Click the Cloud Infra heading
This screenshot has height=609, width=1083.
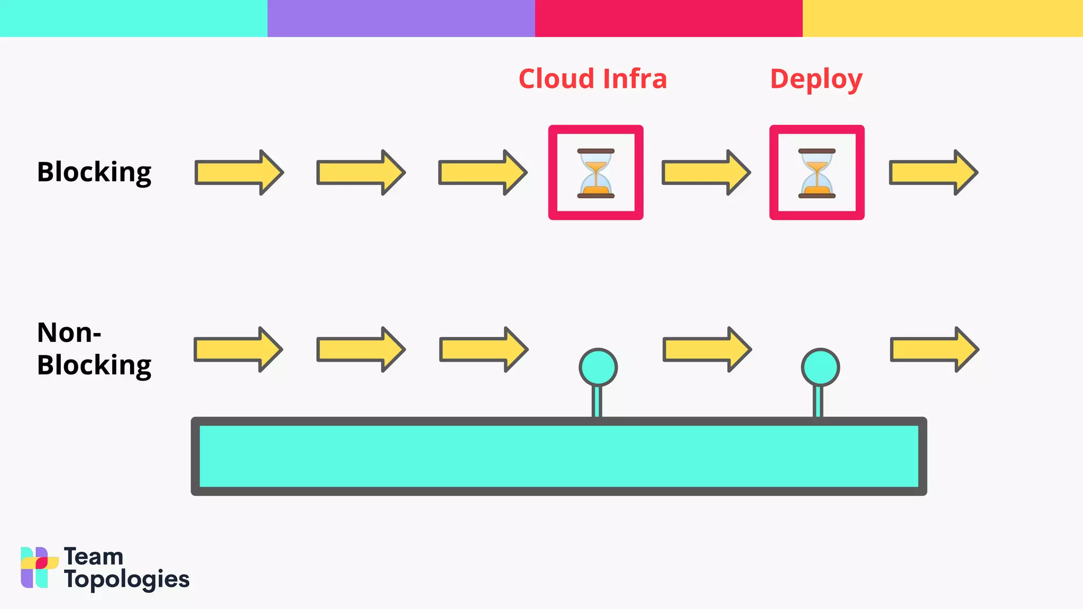pyautogui.click(x=592, y=79)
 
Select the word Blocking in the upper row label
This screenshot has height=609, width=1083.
pyautogui.click(x=94, y=172)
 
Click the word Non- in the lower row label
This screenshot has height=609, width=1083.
pyautogui.click(x=69, y=333)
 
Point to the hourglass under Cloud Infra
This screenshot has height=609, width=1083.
pyautogui.click(x=596, y=173)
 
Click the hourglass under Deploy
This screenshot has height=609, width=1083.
pyautogui.click(x=817, y=173)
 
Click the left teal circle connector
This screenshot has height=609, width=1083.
pyautogui.click(x=598, y=367)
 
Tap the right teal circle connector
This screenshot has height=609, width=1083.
pyautogui.click(x=820, y=367)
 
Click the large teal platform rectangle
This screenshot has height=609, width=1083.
pyautogui.click(x=558, y=456)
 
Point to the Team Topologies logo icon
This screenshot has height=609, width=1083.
pyautogui.click(x=39, y=567)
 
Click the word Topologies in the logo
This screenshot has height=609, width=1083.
pyautogui.click(x=127, y=579)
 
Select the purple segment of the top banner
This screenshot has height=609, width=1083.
pyautogui.click(x=401, y=18)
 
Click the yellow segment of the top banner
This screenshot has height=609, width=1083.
pyautogui.click(x=942, y=18)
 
